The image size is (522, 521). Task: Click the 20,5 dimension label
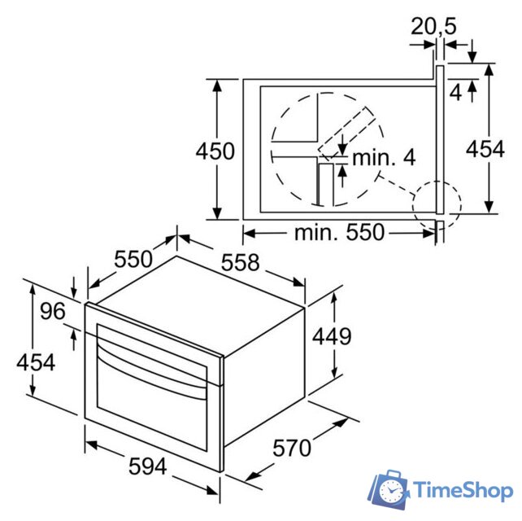[x=433, y=26]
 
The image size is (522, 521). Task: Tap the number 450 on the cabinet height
[x=215, y=151]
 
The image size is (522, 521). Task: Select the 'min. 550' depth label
[x=339, y=233]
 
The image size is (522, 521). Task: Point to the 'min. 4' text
[x=384, y=157]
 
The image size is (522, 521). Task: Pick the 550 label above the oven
[x=133, y=260]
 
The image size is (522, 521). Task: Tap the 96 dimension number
[x=53, y=313]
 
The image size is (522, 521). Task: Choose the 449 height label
[x=332, y=335]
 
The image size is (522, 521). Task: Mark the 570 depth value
[x=292, y=448]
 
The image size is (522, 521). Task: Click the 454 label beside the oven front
[x=36, y=362]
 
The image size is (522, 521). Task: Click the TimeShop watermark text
[x=463, y=490]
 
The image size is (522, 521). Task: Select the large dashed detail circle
[x=325, y=151]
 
